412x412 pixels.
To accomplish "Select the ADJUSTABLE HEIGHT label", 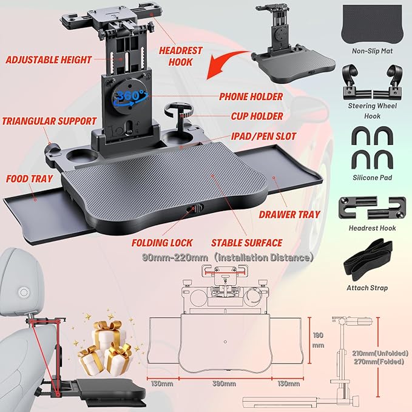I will tap(48, 59).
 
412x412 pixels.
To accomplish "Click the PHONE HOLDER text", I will tap(251, 96).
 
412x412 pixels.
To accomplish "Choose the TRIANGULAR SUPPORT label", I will tap(49, 120).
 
